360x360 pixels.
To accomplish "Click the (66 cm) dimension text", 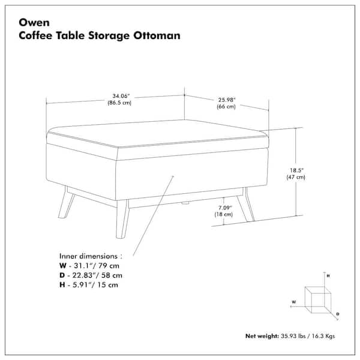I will point(226,107).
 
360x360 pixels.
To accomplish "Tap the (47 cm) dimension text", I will point(296,178).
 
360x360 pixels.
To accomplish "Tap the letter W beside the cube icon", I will point(294,302).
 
